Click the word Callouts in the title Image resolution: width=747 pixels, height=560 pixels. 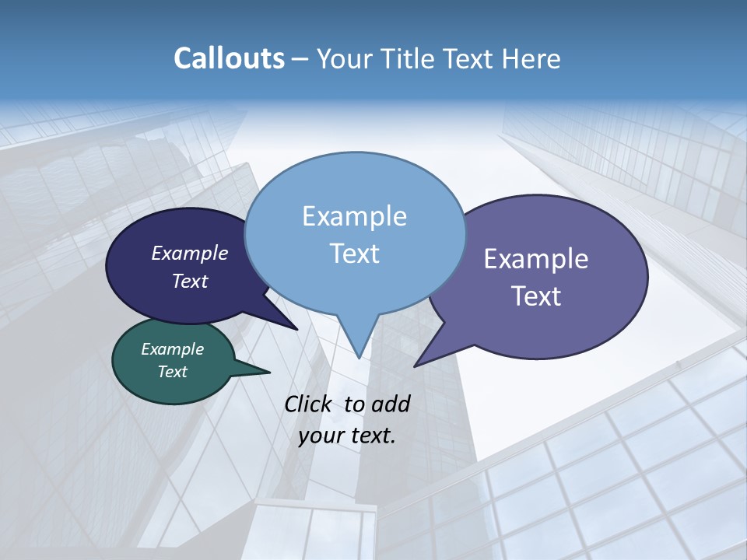[229, 59]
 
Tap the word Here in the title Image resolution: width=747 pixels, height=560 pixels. [531, 59]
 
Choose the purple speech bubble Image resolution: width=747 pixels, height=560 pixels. [591, 327]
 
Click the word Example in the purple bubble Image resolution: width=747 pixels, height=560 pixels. [536, 259]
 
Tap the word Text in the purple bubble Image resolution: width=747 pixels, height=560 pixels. [536, 296]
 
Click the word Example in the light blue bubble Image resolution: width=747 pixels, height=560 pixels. [355, 216]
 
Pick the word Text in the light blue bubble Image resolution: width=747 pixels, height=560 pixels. [355, 254]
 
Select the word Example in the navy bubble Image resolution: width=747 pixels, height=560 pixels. [190, 253]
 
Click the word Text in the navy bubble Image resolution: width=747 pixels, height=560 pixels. [190, 281]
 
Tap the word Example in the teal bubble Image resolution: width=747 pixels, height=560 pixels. [173, 349]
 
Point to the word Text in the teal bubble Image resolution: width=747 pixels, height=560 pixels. [173, 372]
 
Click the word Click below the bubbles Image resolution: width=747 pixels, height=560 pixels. [310, 404]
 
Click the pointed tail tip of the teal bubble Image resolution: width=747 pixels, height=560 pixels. [269, 373]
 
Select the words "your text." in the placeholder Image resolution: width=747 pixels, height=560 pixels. [347, 435]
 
